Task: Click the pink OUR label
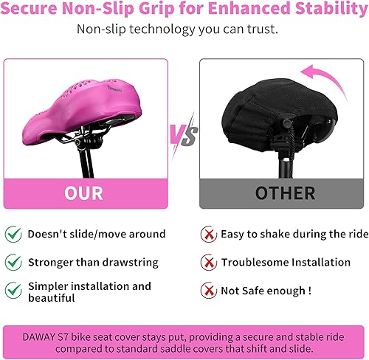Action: click(x=84, y=193)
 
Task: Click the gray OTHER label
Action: click(x=285, y=193)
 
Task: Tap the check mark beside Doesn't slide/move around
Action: click(x=13, y=235)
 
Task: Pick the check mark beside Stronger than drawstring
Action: click(x=13, y=262)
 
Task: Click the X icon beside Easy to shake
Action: click(x=209, y=235)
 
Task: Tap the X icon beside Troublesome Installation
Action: click(x=209, y=262)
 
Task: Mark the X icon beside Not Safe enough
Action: click(x=209, y=291)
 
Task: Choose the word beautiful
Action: click(x=51, y=298)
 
